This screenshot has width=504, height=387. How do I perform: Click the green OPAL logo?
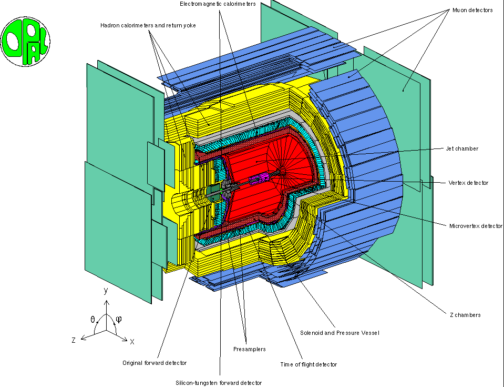25,41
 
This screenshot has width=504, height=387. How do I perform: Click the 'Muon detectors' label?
472,11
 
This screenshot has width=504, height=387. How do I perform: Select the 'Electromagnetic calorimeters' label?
218,4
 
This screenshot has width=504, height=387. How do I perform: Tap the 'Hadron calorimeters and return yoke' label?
148,25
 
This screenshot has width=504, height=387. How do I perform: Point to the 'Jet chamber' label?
462,148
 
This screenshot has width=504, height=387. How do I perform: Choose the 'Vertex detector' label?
468,183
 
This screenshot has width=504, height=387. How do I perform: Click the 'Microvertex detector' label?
476,226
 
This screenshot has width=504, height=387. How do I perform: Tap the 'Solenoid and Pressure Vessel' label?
339,333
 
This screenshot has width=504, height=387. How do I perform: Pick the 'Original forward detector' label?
155,363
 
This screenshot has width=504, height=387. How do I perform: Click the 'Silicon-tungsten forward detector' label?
219,383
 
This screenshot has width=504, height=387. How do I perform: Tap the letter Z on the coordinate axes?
74,341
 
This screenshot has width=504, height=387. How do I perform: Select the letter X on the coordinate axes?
132,342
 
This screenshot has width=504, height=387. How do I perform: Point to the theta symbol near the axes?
92,319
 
